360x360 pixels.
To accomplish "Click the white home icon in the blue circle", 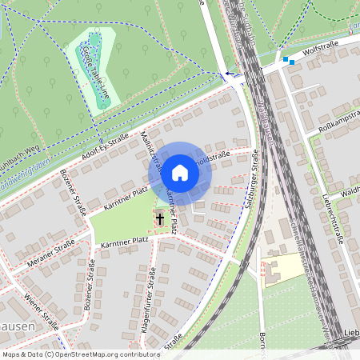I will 180,172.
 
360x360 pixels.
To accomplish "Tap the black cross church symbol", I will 160,218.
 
